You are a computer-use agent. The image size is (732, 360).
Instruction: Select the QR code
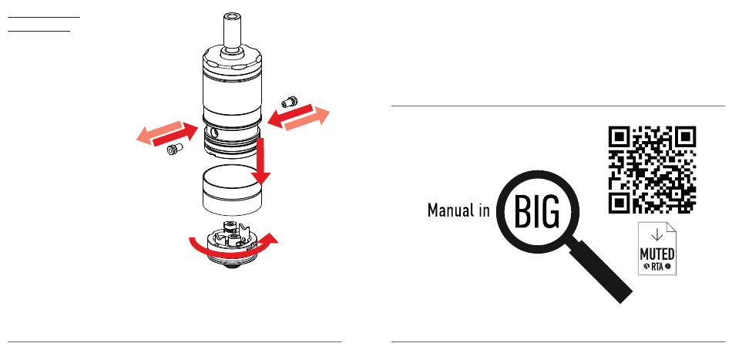click(653, 169)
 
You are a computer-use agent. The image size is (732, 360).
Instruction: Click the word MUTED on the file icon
click(657, 254)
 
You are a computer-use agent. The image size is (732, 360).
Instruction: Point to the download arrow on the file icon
click(656, 234)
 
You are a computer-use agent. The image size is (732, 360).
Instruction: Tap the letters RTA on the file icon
click(657, 267)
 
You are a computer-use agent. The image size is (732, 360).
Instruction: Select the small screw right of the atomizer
click(291, 101)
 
